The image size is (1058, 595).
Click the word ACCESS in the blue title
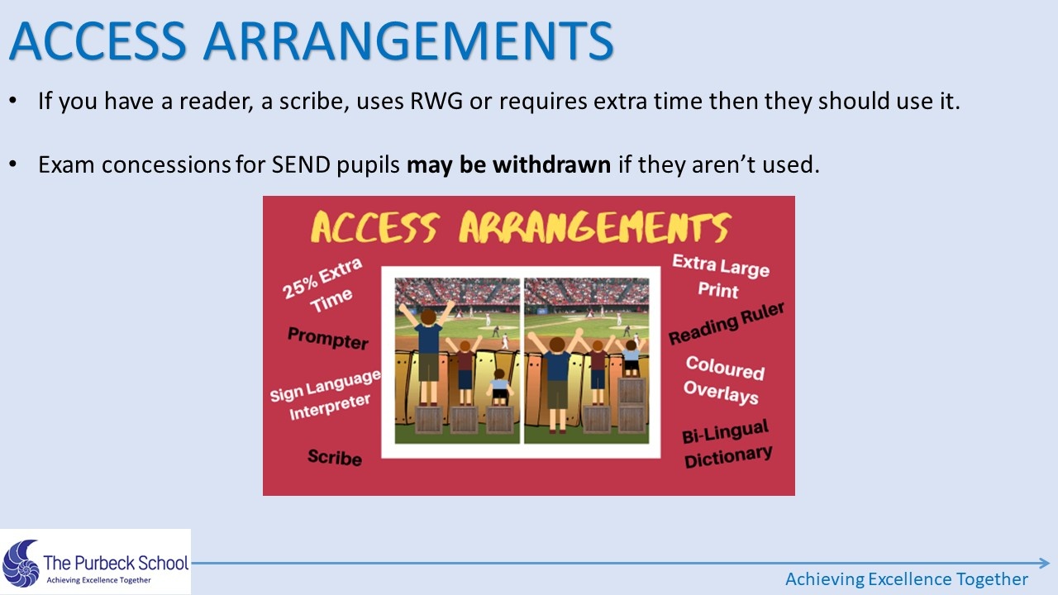(x=98, y=40)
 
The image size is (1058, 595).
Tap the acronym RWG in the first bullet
(x=436, y=101)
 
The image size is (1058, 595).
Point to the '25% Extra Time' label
(x=324, y=286)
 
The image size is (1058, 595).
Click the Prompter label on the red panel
(x=328, y=338)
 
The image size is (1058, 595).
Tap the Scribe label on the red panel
(x=335, y=457)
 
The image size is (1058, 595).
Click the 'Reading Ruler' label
(x=727, y=323)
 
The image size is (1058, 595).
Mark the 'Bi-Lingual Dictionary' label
(x=727, y=445)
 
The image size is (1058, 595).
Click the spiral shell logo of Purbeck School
(x=21, y=564)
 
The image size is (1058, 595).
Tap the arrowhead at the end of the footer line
(x=1044, y=563)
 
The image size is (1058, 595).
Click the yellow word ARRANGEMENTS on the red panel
(x=595, y=227)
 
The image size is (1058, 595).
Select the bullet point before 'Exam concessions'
(x=12, y=164)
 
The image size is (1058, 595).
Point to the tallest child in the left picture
(x=428, y=355)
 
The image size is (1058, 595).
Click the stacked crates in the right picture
(x=631, y=405)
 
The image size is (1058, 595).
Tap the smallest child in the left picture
(x=499, y=388)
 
